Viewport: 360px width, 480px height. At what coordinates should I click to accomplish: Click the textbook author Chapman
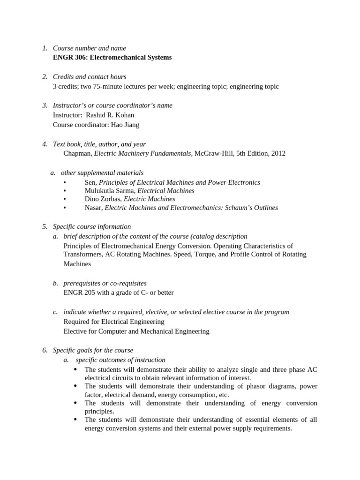(78, 153)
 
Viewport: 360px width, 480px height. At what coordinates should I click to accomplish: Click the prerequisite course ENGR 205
(79, 292)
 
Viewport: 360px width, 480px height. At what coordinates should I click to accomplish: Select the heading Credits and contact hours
(90, 77)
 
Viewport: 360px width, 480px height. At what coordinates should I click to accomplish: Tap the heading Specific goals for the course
(93, 350)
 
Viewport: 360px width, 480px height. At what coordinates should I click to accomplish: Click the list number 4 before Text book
(45, 144)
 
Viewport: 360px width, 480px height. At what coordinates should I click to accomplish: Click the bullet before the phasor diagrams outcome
(76, 386)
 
